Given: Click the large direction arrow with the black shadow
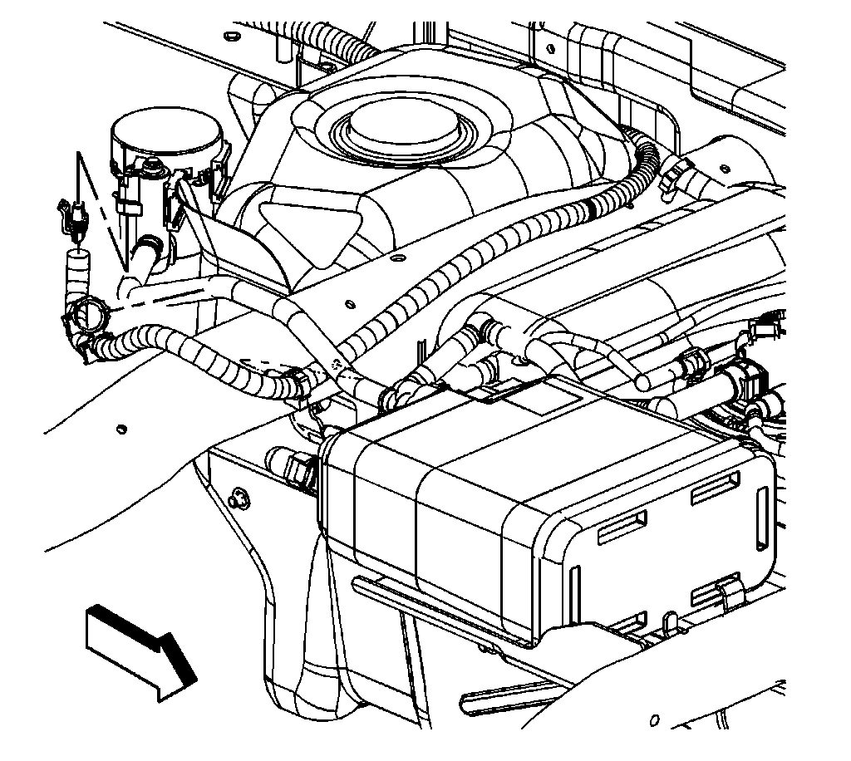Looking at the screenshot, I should pos(138,647).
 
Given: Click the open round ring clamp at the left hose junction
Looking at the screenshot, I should pos(86,316).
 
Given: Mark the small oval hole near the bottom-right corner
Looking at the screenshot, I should pos(656,719).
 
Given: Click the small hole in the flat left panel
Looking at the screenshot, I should pos(122,429).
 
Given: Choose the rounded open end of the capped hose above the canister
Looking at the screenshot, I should pos(642,381).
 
